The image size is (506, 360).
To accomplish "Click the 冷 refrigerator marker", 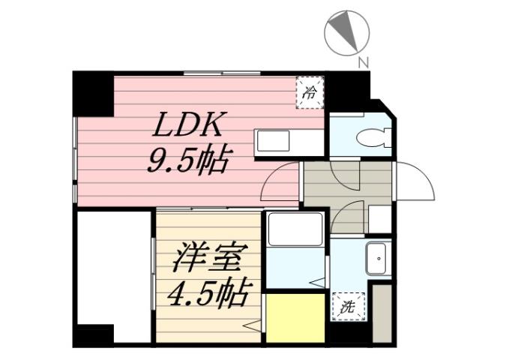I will click(x=310, y=93).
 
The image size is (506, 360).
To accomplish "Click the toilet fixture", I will click(x=371, y=137).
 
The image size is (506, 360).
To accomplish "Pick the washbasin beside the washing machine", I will click(x=376, y=259).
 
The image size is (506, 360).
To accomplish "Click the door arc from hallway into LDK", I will click(x=283, y=182).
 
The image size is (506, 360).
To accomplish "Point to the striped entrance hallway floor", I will click(x=346, y=182).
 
